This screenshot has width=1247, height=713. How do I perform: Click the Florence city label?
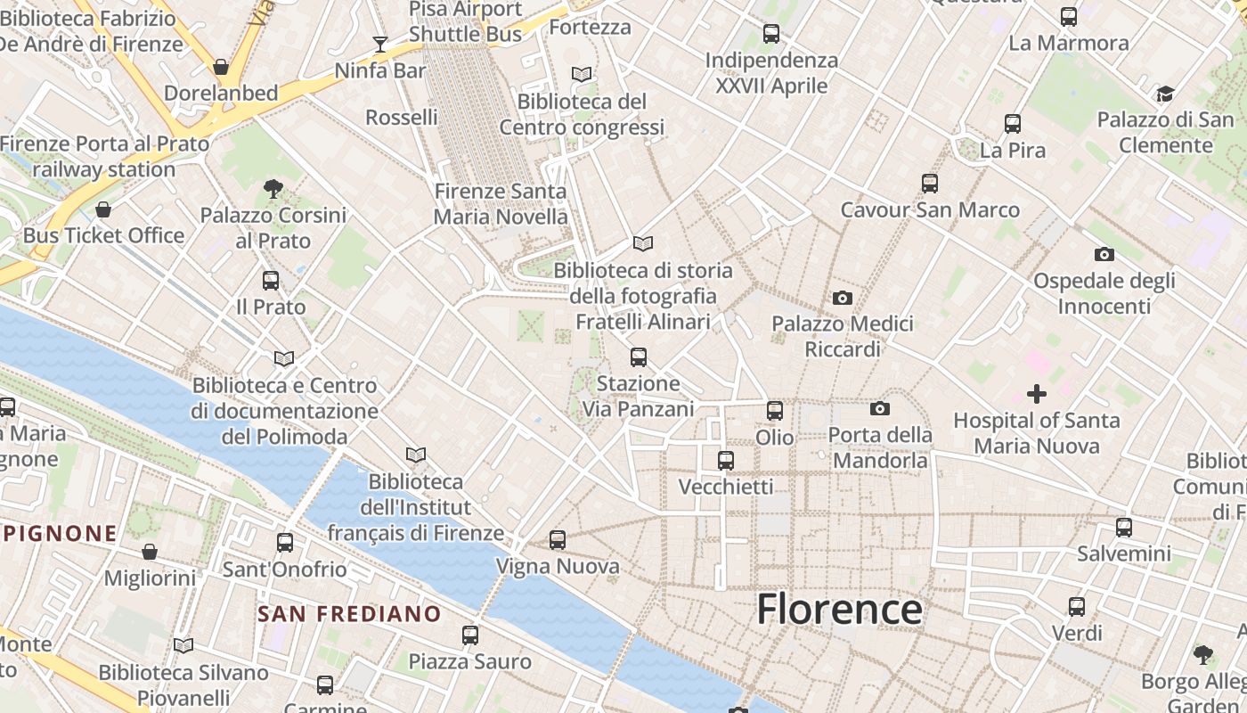839,610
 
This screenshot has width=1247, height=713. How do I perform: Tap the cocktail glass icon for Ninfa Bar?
380,44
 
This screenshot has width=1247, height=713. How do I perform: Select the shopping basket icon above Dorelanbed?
221,67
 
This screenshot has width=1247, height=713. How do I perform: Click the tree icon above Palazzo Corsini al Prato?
273,188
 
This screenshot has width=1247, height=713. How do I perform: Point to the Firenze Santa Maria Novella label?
500,204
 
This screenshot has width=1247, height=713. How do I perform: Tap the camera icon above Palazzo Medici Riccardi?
843,298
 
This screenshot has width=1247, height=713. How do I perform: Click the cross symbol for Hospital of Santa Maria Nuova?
1037,393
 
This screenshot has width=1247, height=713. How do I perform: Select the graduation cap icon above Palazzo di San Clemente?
1165,94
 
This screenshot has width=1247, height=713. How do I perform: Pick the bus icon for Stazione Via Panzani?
638,357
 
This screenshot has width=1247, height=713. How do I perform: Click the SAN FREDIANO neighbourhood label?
349,614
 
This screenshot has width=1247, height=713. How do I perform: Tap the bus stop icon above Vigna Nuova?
558,539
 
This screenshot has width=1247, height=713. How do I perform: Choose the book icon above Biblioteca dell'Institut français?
416,455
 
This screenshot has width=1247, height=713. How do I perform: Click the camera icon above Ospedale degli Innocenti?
1104,255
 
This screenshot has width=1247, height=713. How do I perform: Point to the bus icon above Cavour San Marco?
930,184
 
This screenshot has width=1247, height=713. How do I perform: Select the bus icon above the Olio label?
775,411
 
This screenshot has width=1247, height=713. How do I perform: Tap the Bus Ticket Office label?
103,236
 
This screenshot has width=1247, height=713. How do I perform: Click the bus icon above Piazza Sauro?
470,635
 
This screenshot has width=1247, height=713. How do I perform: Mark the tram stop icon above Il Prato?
271,281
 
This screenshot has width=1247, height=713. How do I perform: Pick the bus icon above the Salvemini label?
1124,527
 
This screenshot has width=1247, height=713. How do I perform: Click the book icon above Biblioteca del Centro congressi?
582,75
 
